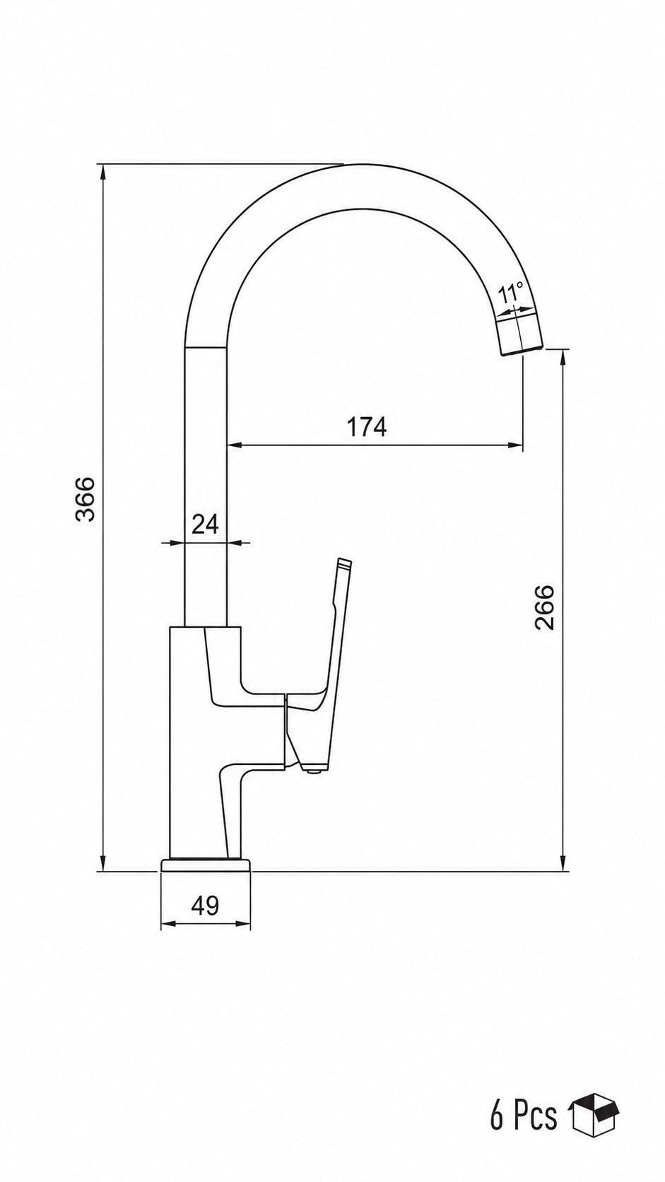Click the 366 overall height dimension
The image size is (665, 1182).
[x=85, y=498]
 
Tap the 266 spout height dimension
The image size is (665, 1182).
[x=544, y=607]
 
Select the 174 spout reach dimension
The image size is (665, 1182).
[x=367, y=427]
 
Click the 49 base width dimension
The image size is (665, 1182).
[x=205, y=906]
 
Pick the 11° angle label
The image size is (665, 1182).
[x=511, y=293]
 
